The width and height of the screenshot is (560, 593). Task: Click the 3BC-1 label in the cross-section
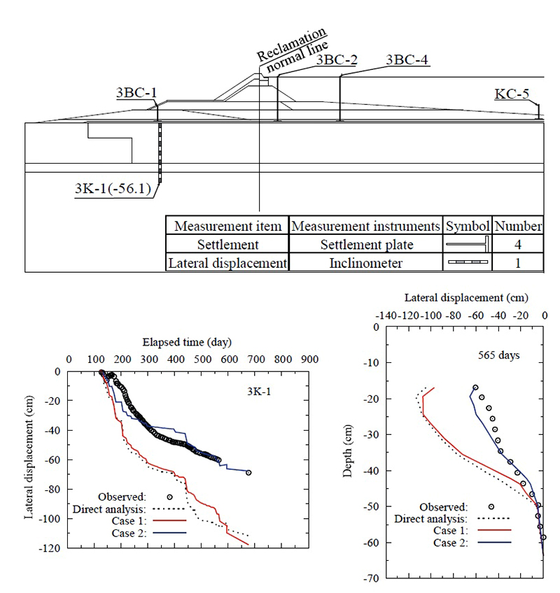(x=136, y=92)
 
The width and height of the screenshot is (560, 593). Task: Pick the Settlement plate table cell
(x=366, y=245)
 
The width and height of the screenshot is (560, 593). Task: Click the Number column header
(x=517, y=226)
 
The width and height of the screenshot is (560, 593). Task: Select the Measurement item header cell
(x=228, y=226)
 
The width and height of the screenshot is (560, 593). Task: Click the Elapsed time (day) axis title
(x=187, y=343)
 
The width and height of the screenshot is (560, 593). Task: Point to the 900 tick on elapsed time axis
(x=309, y=359)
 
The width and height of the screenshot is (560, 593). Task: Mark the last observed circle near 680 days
(x=248, y=473)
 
